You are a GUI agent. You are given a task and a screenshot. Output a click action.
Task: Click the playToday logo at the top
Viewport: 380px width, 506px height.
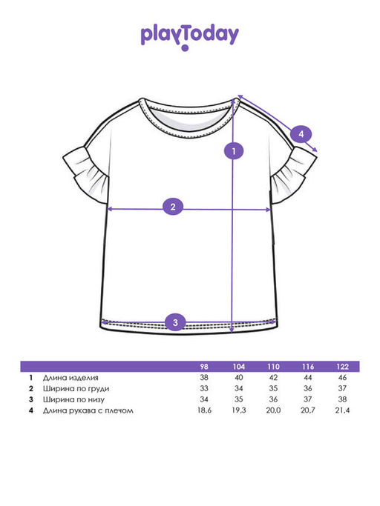coord(190,36)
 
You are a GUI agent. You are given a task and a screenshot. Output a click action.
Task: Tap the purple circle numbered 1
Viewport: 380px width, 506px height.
coord(234,150)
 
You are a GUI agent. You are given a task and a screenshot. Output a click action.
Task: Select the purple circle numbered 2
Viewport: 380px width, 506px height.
coord(173,207)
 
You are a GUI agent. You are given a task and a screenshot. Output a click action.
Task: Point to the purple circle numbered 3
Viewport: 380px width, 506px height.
coord(175,322)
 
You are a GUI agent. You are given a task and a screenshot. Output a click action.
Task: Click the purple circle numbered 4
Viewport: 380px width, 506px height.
coord(301,134)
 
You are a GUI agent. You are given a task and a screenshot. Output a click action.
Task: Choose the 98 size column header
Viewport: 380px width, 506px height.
coord(204,367)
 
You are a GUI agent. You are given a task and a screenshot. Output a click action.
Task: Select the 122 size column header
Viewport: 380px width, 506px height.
coord(342,367)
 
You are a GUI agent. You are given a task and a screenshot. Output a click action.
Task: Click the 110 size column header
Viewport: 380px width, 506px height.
coord(273,367)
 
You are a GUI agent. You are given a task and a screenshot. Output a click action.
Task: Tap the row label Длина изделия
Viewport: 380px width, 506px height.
coord(71,378)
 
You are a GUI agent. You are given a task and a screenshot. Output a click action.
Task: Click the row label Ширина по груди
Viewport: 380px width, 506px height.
coord(76,388)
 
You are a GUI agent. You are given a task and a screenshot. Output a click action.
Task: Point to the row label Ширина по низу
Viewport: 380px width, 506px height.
coord(73,399)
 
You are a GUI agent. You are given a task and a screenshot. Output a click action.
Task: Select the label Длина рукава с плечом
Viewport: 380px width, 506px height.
coord(88,410)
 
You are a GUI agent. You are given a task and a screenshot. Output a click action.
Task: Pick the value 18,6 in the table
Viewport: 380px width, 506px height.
coord(204,410)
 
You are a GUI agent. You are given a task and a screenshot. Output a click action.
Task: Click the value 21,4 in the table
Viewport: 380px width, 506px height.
coord(342,410)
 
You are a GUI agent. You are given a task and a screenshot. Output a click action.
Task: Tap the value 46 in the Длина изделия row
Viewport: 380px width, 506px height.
coord(342,378)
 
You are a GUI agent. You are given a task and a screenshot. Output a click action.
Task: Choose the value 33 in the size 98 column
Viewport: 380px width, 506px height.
coord(204,388)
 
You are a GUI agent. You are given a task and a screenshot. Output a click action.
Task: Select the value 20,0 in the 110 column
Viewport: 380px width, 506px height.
coord(273,410)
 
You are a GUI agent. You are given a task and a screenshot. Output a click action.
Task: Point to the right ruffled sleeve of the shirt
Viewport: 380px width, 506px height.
coord(292,174)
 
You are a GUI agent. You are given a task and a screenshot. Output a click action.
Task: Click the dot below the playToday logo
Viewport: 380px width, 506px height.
coord(185,48)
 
